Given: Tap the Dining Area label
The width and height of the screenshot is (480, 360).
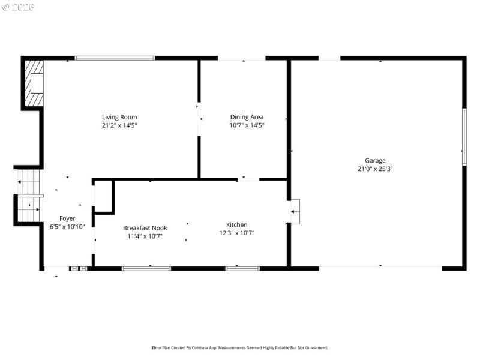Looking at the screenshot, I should (x=247, y=117).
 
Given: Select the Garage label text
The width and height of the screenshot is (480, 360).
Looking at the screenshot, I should (x=375, y=160).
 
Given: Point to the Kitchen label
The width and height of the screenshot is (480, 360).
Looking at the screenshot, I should (x=236, y=225).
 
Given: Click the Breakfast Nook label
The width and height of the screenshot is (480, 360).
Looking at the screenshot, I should (x=145, y=228).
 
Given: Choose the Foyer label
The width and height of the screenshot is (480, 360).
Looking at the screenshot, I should (x=67, y=218).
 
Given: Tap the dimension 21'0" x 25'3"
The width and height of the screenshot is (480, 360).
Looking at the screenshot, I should (x=375, y=169).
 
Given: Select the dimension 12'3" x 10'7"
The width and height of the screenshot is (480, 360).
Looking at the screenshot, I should (x=236, y=233).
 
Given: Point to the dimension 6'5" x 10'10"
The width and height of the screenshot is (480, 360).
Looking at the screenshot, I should (x=67, y=227).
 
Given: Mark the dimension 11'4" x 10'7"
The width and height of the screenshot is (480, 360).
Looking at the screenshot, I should (x=145, y=236).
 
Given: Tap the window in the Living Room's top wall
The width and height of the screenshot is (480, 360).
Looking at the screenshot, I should (x=115, y=58).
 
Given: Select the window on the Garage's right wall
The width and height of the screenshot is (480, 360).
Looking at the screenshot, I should (x=464, y=137).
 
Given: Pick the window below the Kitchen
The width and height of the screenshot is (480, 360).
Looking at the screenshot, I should (x=242, y=268).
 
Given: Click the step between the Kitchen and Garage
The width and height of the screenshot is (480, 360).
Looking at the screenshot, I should (x=296, y=211).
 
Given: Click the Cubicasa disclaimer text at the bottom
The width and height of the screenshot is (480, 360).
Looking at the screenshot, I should (x=239, y=347).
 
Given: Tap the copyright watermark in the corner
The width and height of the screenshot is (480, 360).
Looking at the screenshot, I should (x=18, y=7).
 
